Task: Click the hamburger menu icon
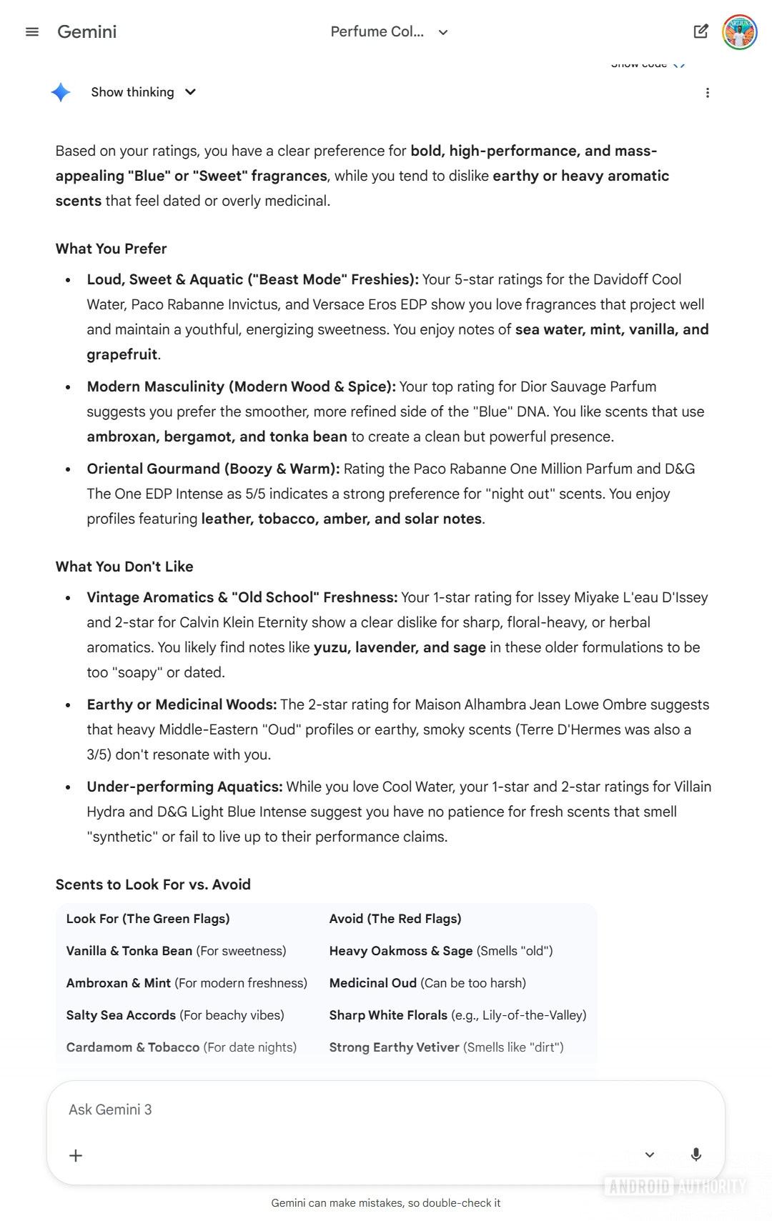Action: (32, 32)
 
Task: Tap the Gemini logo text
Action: (86, 32)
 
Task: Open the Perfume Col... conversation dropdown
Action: (390, 32)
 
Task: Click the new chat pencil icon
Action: (701, 31)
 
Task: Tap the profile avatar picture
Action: (740, 32)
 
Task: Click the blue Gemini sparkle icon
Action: (61, 92)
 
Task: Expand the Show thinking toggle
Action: (143, 92)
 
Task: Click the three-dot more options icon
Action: (707, 93)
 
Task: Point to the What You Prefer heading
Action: (111, 249)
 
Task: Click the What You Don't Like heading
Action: (124, 567)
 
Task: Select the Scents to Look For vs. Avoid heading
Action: (153, 884)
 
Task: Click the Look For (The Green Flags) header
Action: (148, 919)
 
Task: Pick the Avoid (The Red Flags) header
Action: (395, 919)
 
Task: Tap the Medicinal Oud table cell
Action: (427, 983)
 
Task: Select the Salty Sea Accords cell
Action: (175, 1015)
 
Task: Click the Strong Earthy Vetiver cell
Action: (446, 1047)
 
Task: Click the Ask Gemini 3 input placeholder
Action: (111, 1110)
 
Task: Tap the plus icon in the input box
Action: (76, 1155)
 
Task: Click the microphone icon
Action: (696, 1155)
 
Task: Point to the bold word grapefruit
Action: (122, 354)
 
